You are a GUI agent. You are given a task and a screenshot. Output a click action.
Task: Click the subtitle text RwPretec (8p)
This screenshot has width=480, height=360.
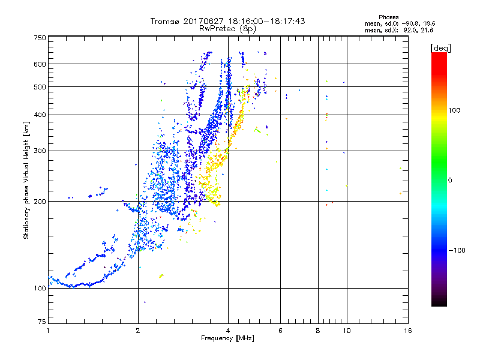(x=227, y=28)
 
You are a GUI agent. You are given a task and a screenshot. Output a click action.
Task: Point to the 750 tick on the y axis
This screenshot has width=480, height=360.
(x=40, y=38)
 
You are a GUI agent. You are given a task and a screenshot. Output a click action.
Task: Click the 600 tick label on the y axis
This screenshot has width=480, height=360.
(x=40, y=64)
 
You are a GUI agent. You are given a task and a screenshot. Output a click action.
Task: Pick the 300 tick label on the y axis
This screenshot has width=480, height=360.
(x=40, y=151)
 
